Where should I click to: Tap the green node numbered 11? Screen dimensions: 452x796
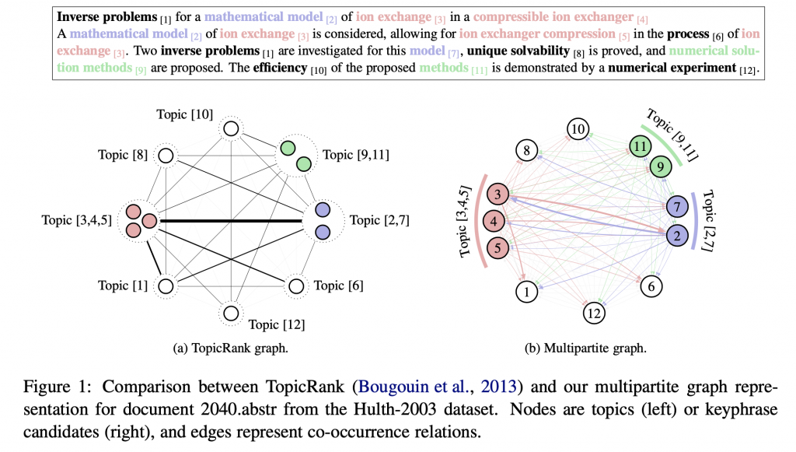click(639, 145)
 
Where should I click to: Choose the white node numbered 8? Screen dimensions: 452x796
click(527, 151)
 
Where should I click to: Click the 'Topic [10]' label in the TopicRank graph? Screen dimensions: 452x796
click(183, 114)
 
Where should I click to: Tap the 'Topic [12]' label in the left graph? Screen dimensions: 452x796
click(275, 323)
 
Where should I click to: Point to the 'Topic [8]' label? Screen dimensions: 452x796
click(124, 154)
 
